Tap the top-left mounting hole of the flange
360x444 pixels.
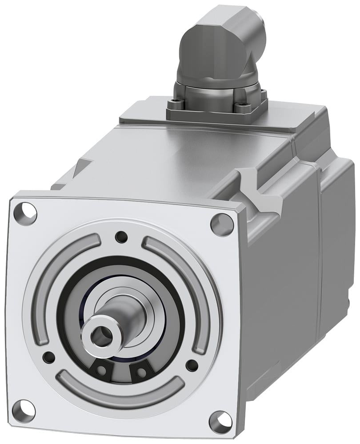28,212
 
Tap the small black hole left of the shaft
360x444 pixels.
48,356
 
